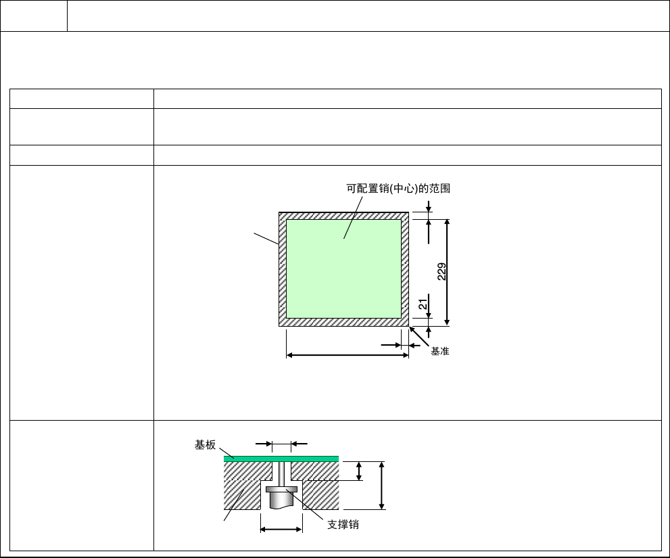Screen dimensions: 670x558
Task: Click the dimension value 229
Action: tap(442, 271)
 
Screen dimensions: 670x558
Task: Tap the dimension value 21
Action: tap(423, 304)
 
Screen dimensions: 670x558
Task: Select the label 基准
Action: tap(439, 351)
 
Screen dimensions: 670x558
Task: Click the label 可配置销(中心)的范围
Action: tap(398, 189)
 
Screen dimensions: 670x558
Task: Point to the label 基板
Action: tap(205, 444)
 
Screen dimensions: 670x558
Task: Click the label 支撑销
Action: tap(343, 525)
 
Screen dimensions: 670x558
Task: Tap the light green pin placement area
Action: tap(343, 269)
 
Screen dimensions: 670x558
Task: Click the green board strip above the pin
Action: tap(281, 459)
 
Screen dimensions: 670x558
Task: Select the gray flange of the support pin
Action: tap(281, 489)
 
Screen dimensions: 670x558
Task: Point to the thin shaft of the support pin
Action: tap(281, 473)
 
